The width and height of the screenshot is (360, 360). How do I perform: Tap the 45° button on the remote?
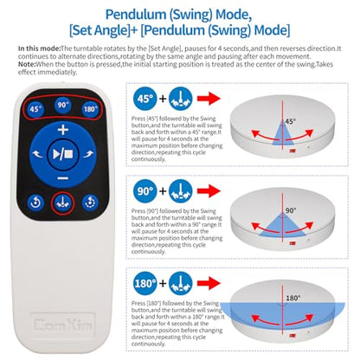35,109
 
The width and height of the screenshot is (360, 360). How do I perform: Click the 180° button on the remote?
90,109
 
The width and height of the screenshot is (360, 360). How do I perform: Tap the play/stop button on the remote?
63,155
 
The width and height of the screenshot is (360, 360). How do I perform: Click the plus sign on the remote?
63,130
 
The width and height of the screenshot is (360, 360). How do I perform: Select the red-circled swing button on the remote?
63,203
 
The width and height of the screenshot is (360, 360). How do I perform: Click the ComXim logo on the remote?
63,325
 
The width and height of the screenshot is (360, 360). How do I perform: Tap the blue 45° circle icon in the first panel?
145,99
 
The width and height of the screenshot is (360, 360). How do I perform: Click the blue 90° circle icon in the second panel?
145,191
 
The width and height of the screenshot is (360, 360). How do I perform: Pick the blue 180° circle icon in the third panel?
145,283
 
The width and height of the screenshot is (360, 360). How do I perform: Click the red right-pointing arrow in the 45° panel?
209,99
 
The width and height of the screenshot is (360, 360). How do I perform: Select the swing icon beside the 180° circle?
181,283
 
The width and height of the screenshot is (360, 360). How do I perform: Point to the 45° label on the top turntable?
290,121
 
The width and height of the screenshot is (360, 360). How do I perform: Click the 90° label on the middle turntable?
291,210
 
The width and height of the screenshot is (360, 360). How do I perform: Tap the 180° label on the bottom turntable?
293,298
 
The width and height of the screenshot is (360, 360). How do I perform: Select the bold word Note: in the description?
27,64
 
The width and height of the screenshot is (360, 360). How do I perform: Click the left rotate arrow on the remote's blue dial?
37,154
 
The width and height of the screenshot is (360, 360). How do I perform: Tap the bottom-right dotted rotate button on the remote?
90,202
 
